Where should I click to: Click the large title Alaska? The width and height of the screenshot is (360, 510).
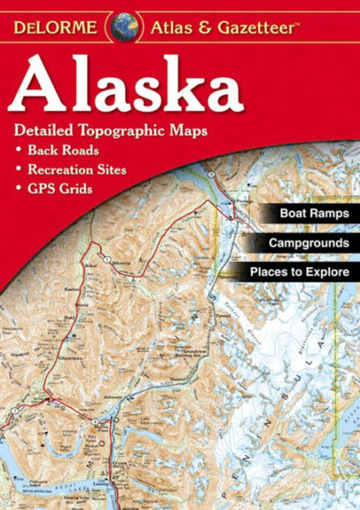point(127,86)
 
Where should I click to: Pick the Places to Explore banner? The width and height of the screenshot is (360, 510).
point(299,272)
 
